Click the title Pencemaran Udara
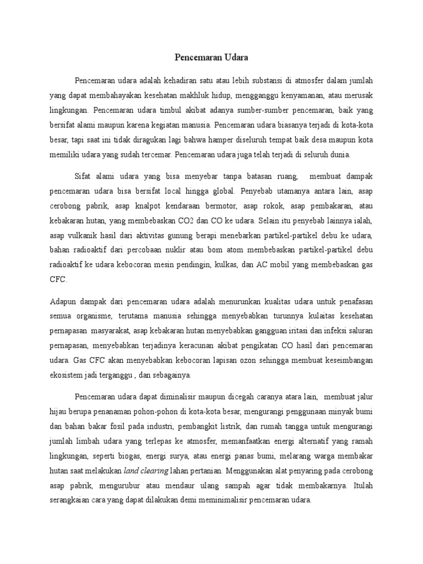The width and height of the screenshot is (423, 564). click(x=211, y=56)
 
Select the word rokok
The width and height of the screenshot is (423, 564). click(x=271, y=206)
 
